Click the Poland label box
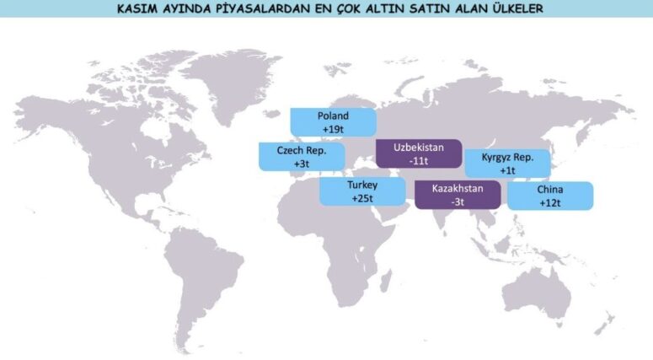pos(333,122)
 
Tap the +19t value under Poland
pos(334,129)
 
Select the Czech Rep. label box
pos(302,157)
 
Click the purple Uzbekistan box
pos(419,153)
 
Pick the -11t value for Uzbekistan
pos(419,159)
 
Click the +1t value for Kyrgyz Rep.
pos(507,170)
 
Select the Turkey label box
pos(362,191)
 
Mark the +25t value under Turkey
pos(362,198)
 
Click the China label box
pos(550,196)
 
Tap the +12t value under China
pos(550,203)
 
